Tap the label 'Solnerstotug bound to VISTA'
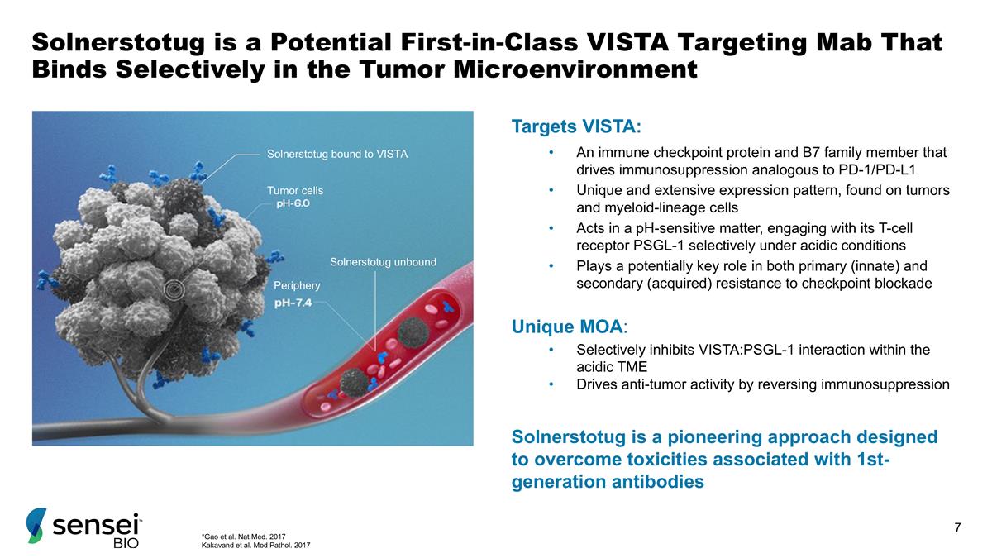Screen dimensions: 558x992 pos(337,154)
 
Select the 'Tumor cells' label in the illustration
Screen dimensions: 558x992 pos(294,190)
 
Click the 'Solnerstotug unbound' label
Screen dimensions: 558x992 pos(383,262)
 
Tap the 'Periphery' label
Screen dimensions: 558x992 pos(296,285)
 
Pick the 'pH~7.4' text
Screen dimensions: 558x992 pos(293,303)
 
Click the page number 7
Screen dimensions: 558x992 pos(957,528)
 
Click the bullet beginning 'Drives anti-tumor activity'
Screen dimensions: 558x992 pos(762,384)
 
